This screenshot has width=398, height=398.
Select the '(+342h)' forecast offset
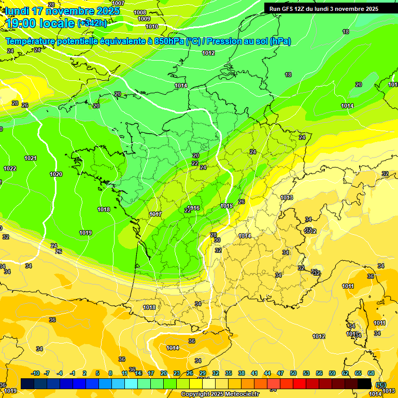click(92, 23)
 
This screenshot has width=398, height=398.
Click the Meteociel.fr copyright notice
click(220, 394)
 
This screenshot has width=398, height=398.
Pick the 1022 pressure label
click(10, 168)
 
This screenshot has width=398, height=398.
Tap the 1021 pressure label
click(30, 158)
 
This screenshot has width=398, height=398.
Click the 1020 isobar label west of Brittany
click(56, 174)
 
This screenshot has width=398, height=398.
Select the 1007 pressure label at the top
click(118, 3)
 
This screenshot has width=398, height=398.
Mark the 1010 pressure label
click(152, 26)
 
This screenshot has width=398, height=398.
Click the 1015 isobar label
click(226, 206)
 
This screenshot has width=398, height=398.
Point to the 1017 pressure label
click(155, 214)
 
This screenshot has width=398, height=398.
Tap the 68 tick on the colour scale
click(371, 373)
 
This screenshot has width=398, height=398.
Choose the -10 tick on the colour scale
click(35, 373)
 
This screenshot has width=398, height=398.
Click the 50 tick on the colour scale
click(293, 373)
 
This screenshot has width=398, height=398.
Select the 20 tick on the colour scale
click(164, 373)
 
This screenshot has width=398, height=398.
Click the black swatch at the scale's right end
click(364, 383)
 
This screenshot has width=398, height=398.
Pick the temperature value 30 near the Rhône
click(217, 240)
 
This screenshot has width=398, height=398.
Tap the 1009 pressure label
click(144, 19)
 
